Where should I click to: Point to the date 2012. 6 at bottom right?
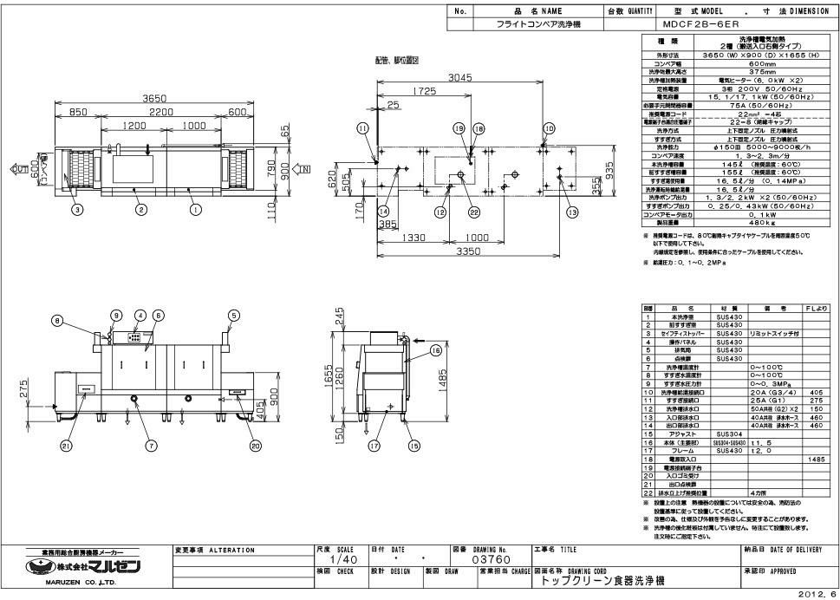coord(820,593)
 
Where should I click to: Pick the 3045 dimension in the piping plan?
coord(461,78)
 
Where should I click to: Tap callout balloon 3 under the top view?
coord(76,209)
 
